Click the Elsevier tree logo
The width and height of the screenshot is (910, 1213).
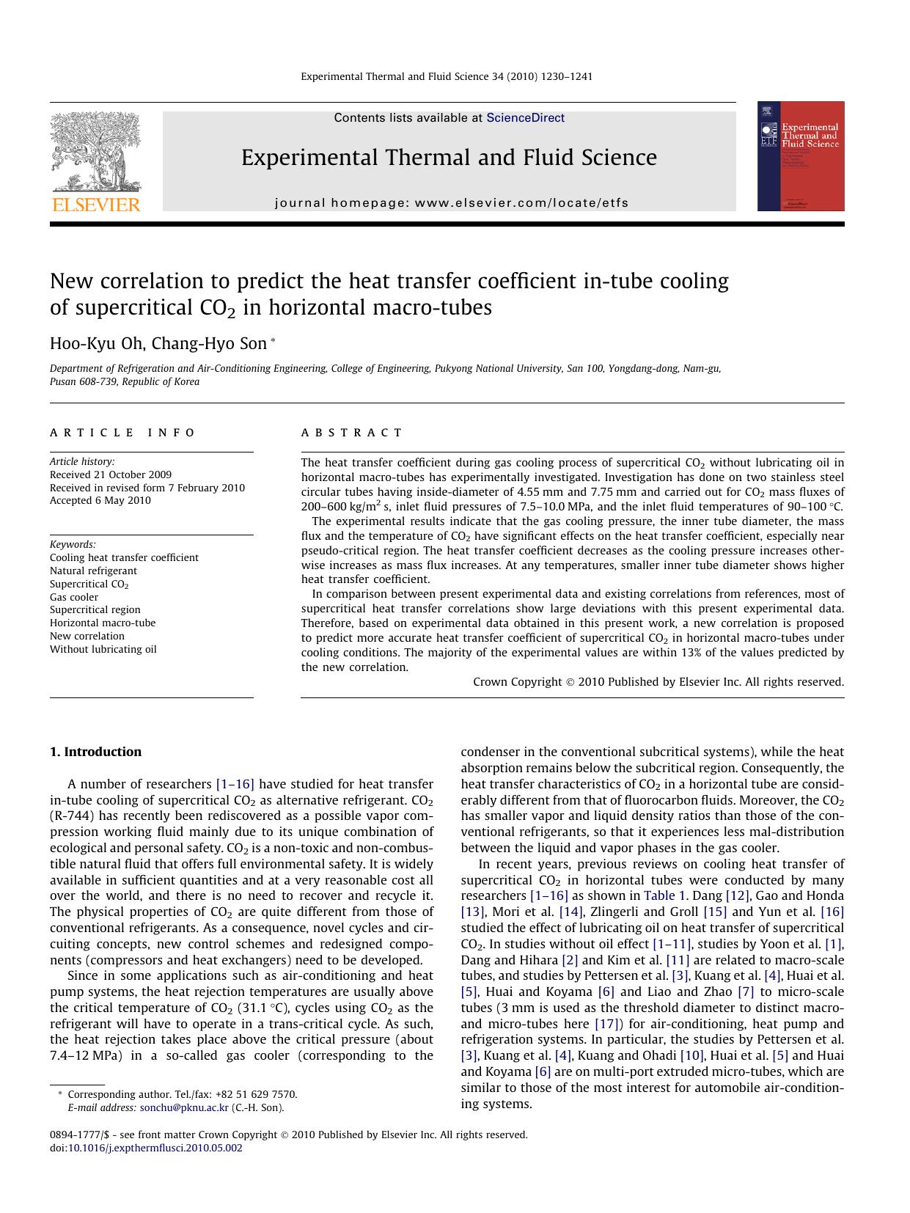coord(95,151)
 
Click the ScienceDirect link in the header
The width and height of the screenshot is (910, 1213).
coord(525,118)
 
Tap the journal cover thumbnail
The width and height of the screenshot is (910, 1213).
coord(801,156)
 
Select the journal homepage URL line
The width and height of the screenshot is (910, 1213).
coord(452,203)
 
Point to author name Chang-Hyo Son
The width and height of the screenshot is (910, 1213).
coord(209,344)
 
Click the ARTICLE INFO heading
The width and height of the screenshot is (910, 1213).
coord(122,433)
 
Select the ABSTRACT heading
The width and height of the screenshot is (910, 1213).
coord(352,433)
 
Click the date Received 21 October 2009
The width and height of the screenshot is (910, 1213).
coord(111,474)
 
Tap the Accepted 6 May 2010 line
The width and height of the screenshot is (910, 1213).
coord(100,500)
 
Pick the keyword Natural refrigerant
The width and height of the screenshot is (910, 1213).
coord(93,571)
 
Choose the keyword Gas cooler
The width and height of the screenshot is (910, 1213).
coord(74,597)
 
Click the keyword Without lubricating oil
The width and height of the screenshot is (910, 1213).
coord(103,649)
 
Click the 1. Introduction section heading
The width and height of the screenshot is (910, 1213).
coord(95,752)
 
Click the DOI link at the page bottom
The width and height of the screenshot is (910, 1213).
coord(155,1148)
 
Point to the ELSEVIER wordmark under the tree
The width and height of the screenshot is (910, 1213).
coord(95,205)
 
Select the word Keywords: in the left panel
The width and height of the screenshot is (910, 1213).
coord(73,544)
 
